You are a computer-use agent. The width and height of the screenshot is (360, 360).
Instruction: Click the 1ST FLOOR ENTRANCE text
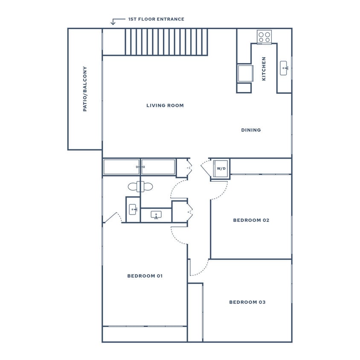coord(156,19)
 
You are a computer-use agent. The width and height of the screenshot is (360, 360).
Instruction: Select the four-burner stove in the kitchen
coord(264,36)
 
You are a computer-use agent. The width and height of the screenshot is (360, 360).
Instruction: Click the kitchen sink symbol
coord(284,68)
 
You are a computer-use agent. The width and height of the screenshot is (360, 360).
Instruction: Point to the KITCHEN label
coord(264,69)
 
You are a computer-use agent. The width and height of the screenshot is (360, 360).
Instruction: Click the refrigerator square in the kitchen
coord(244,73)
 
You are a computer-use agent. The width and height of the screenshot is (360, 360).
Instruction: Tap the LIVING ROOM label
coord(165,105)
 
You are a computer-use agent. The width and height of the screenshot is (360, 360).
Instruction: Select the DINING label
coord(251,130)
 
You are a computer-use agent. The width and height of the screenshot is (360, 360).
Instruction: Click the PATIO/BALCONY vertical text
coord(85,89)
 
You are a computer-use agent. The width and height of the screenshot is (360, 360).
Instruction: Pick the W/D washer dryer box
coord(221,168)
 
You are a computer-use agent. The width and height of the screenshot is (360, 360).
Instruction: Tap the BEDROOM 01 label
coord(145,276)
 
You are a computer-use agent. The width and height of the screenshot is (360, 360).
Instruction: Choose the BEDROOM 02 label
coord(251,221)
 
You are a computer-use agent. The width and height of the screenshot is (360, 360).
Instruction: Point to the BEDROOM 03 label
coord(247,302)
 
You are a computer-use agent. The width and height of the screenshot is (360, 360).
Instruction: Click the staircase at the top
coord(166,42)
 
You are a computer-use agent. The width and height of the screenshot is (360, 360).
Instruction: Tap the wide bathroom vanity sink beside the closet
coord(156,215)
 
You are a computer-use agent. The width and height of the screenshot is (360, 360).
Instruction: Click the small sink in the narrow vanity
coord(132,209)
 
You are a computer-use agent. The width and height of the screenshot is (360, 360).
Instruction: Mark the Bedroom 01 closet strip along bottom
coord(145,334)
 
